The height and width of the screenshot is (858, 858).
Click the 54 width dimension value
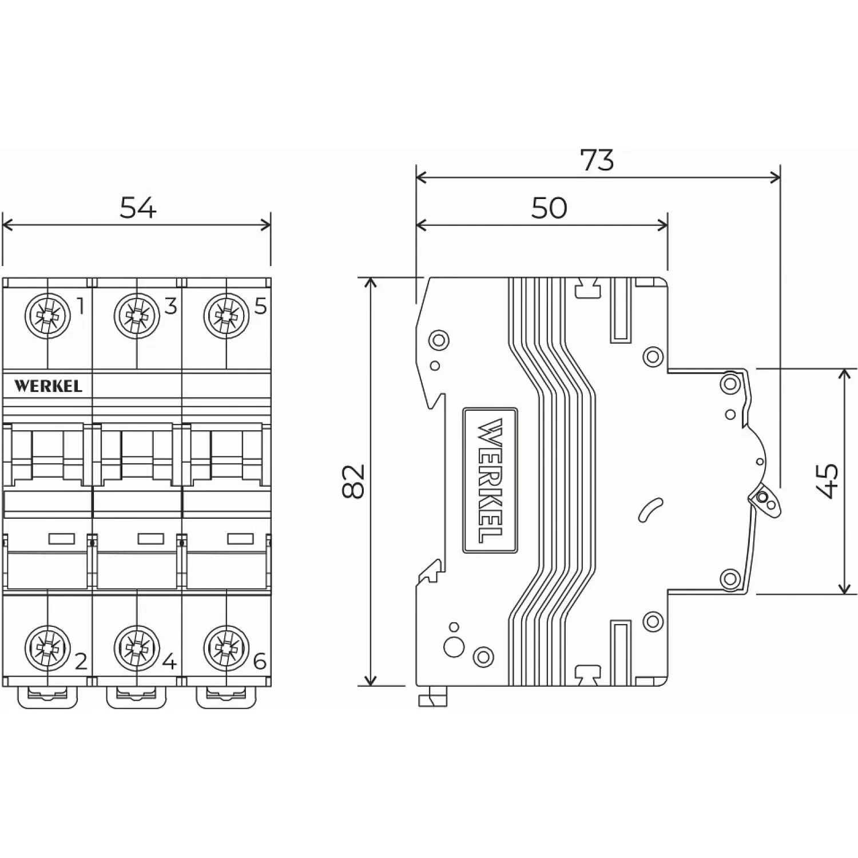pyautogui.click(x=137, y=208)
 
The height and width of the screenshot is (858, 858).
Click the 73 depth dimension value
pyautogui.click(x=597, y=160)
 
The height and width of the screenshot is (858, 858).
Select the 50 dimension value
pyautogui.click(x=549, y=208)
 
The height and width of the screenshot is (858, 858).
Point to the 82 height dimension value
pyautogui.click(x=355, y=481)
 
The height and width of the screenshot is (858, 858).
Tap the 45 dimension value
pyautogui.click(x=828, y=481)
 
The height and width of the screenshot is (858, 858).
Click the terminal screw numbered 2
pyautogui.click(x=47, y=649)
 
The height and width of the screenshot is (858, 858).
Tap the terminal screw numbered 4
pyautogui.click(x=136, y=649)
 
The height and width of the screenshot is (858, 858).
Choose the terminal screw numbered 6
pyautogui.click(x=226, y=649)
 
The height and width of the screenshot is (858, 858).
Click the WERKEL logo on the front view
pyautogui.click(x=48, y=386)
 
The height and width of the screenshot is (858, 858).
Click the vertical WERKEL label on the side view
pyautogui.click(x=490, y=480)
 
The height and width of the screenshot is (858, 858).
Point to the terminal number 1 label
pyautogui.click(x=81, y=307)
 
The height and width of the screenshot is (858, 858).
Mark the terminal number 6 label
pyautogui.click(x=260, y=662)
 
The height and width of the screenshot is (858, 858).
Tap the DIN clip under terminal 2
pyautogui.click(x=47, y=697)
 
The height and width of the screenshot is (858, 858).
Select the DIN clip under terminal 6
pyautogui.click(x=226, y=697)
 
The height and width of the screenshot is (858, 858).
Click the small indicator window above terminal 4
pyautogui.click(x=151, y=538)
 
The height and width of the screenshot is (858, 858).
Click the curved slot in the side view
pyautogui.click(x=650, y=510)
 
